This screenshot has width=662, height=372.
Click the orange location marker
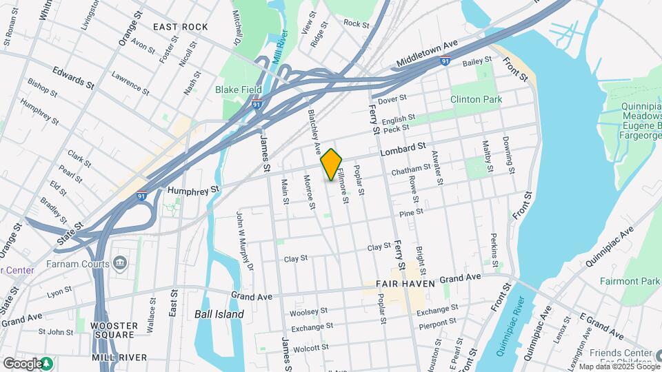[331, 164]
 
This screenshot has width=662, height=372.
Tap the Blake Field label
[237, 90]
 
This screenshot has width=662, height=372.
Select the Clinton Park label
[476, 99]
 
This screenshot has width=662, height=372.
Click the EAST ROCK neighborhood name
[181, 27]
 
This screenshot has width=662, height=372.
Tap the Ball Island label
[219, 314]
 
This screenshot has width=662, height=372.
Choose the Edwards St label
[72, 77]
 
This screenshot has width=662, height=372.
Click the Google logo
[23, 363]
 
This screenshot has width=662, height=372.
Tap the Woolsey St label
[303, 313]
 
